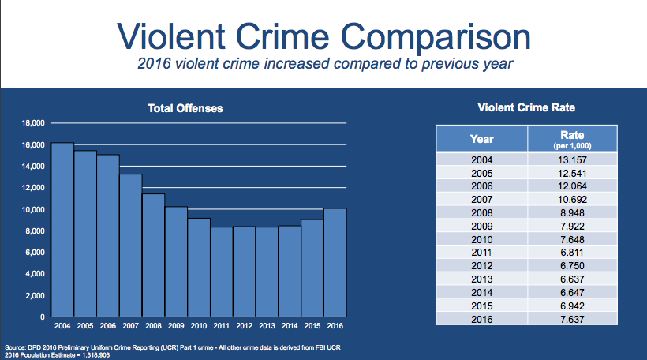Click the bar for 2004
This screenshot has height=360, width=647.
pyautogui.click(x=62, y=230)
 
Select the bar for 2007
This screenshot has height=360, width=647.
pyautogui.click(x=131, y=246)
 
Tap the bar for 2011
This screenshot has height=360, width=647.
pyautogui.click(x=222, y=272)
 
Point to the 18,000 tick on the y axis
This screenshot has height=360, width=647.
pyautogui.click(x=32, y=123)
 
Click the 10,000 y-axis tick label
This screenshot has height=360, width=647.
pyautogui.click(x=32, y=209)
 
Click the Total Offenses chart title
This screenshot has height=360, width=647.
pyautogui.click(x=185, y=107)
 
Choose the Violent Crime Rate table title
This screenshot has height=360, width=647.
pyautogui.click(x=527, y=107)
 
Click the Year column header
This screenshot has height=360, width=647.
pyautogui.click(x=481, y=139)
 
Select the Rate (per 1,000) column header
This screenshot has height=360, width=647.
pyautogui.click(x=572, y=139)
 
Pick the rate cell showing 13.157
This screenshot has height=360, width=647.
pyautogui.click(x=572, y=159)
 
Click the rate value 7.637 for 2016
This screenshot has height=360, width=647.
pyautogui.click(x=572, y=320)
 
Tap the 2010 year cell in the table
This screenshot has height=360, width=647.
pyautogui.click(x=481, y=239)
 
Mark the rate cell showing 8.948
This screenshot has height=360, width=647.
pyautogui.click(x=572, y=212)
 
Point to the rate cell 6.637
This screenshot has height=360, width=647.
pyautogui.click(x=572, y=279)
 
